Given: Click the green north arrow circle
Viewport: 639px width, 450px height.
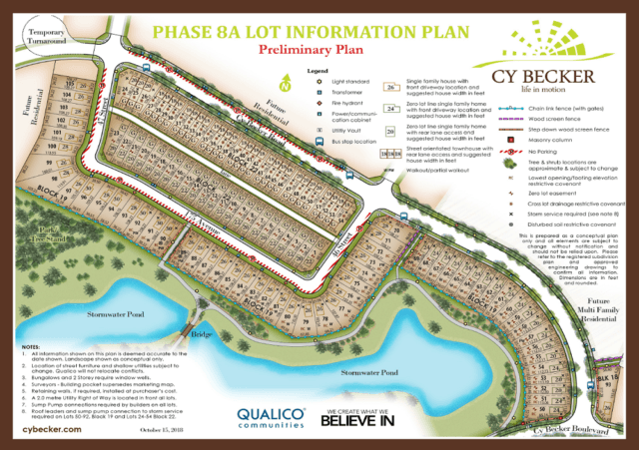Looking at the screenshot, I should point(288,86).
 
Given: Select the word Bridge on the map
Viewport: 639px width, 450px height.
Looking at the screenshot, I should point(204,336).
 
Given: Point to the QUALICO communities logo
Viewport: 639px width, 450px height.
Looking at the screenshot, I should point(271,415).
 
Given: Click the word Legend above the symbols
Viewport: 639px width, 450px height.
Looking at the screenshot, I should point(318,71).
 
